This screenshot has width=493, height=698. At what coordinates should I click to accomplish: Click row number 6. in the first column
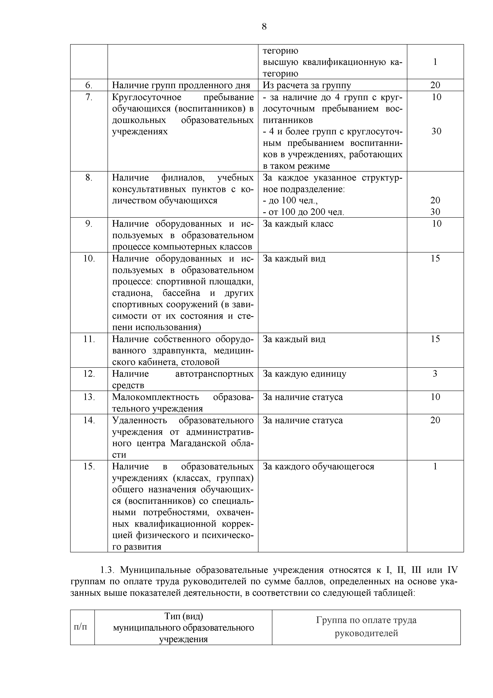(89, 85)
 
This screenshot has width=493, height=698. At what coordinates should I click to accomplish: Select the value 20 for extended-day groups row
(435, 85)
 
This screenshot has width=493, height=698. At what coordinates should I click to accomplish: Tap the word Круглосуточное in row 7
(147, 97)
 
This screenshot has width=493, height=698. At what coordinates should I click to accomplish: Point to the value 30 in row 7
(436, 131)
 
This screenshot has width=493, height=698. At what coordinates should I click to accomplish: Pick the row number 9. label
(89, 224)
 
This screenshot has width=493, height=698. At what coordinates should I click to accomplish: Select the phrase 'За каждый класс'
(298, 224)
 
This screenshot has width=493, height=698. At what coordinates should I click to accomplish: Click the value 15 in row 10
(435, 259)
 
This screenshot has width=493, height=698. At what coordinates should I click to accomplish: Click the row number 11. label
(89, 339)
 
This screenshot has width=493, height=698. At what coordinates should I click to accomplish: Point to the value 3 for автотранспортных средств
(435, 374)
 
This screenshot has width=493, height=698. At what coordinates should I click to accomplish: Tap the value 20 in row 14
(435, 420)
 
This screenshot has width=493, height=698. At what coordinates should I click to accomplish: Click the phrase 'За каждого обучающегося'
(318, 467)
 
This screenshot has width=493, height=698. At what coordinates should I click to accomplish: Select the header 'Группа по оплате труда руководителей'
(366, 627)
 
